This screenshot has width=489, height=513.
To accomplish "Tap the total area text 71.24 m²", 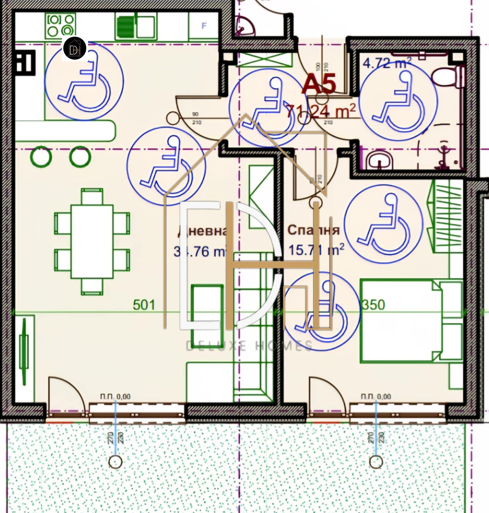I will (x=321, y=110).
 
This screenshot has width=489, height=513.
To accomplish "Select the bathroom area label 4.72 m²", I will (x=387, y=63).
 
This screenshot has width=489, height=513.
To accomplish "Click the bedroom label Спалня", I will (x=313, y=230).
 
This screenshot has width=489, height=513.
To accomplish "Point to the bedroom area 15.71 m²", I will (x=316, y=250).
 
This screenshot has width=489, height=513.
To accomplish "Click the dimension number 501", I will (x=144, y=305).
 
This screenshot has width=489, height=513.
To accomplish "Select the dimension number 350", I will (x=373, y=305).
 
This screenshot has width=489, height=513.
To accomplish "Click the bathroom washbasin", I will (x=379, y=160).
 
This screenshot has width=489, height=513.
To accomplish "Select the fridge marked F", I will (x=204, y=26).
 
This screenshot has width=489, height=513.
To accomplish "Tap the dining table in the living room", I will (x=92, y=241).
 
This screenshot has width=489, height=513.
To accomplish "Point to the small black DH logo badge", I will (x=74, y=48).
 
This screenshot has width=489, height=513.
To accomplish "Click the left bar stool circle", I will (x=41, y=157).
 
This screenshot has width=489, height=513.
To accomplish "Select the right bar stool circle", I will (x=80, y=157).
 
